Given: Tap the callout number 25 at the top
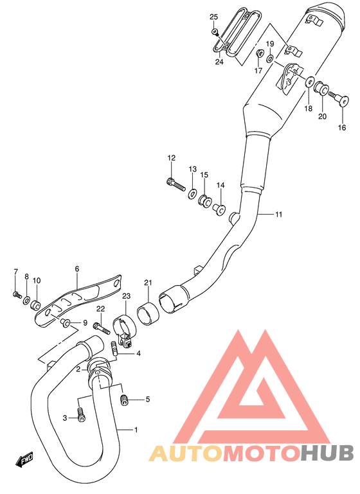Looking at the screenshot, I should pos(214,16).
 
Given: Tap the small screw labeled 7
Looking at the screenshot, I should pos(15,294).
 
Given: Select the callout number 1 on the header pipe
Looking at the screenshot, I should pos(136,429).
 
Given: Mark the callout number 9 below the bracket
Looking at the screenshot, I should pos(84,322).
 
